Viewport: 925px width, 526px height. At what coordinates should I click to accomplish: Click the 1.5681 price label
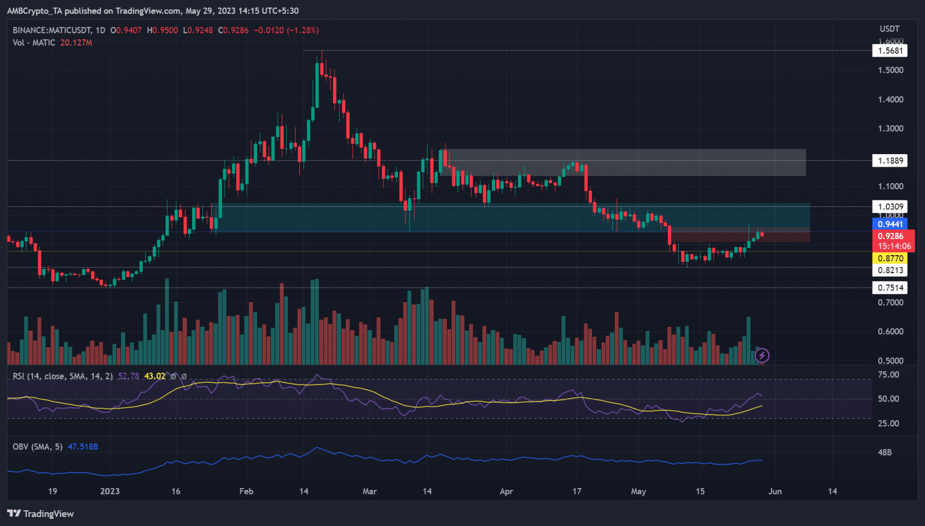coord(889,51)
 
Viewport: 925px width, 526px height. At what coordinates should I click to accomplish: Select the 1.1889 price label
coord(889,160)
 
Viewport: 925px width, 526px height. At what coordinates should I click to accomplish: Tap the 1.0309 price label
coord(889,206)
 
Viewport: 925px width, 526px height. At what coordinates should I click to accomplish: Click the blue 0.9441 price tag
coord(889,224)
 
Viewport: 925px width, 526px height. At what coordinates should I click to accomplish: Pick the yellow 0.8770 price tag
coord(889,258)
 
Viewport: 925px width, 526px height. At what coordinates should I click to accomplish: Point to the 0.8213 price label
coord(889,270)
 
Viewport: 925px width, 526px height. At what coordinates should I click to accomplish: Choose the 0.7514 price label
coord(889,288)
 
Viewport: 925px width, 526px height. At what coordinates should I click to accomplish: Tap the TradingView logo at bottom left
coord(40,513)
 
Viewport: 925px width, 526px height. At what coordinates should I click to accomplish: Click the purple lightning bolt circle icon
coord(762,356)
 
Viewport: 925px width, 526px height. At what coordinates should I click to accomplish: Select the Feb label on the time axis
coord(246,491)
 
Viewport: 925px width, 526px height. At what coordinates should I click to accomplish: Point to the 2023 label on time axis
coord(110,491)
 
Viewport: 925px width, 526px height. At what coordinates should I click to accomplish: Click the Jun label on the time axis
coord(775,491)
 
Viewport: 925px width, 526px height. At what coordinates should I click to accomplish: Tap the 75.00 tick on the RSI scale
coord(888,374)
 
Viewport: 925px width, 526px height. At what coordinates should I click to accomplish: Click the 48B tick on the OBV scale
coord(885,452)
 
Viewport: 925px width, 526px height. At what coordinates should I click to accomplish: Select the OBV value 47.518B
coord(83,447)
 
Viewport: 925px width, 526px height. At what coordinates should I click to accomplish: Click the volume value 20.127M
coord(76,43)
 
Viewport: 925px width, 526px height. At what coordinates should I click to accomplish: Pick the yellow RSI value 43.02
coord(155,376)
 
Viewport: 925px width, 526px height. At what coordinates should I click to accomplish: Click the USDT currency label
coord(889,29)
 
